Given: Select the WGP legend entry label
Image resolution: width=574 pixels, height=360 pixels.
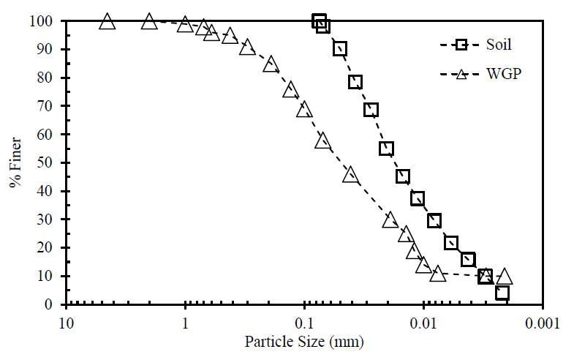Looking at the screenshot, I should pyautogui.click(x=498, y=74).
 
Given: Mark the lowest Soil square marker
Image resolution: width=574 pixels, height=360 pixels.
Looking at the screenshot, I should pyautogui.click(x=502, y=293).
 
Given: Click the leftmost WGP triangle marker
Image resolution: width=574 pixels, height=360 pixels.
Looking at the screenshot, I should pyautogui.click(x=107, y=21).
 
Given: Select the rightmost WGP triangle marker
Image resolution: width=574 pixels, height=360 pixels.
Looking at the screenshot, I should pyautogui.click(x=504, y=276).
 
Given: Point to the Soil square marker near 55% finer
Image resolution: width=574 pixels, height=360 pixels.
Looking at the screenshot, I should pyautogui.click(x=387, y=149).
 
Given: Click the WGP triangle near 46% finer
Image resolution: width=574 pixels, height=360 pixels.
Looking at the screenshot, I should pyautogui.click(x=350, y=175).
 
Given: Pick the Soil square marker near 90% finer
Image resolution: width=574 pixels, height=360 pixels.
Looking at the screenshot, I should pyautogui.click(x=340, y=49).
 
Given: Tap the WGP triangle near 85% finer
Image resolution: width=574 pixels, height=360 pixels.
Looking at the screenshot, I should pyautogui.click(x=271, y=64).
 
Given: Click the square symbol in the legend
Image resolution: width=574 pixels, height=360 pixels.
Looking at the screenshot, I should pyautogui.click(x=461, y=45).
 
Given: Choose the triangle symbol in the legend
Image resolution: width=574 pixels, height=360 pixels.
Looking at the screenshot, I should pyautogui.click(x=461, y=74).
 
